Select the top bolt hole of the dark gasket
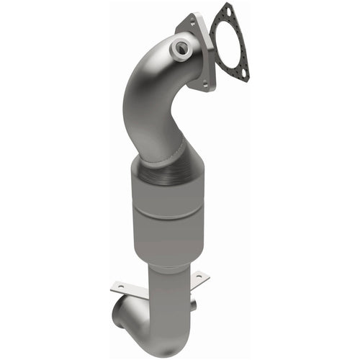pos(229,10)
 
